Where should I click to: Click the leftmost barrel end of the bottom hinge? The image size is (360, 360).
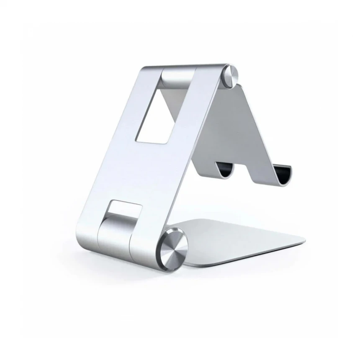[86, 230]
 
